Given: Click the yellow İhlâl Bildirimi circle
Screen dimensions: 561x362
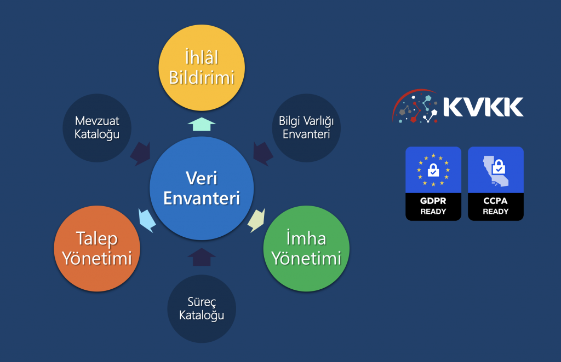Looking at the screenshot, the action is point(202,67).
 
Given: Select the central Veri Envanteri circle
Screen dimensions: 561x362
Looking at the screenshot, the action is point(202,188).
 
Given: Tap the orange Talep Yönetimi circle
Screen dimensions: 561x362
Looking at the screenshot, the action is point(97,248).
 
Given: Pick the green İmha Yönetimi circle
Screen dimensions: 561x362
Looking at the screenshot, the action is point(306,248).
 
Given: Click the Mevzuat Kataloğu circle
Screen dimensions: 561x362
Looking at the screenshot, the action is point(97,128).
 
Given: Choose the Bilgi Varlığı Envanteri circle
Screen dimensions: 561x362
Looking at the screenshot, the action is point(306,128).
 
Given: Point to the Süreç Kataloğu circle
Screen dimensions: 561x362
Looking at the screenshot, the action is point(202,309).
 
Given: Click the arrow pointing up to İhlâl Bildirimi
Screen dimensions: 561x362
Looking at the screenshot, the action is point(202,124).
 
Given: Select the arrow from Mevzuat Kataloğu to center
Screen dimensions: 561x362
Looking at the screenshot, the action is point(141,154).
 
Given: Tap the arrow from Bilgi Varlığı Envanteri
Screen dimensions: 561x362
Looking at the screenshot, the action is point(263,154).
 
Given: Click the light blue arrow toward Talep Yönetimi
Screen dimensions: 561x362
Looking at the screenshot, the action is point(147,220).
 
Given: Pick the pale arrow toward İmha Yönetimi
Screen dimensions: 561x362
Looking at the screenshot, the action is point(256,220).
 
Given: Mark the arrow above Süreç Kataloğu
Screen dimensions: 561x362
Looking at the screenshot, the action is point(202,257).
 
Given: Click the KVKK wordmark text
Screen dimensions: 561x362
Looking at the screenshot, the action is point(483,107).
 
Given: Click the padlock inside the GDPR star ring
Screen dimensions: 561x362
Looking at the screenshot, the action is point(433,170).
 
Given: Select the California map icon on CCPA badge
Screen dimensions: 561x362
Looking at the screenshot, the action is point(495,171).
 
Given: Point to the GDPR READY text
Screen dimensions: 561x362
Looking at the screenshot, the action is point(433,206).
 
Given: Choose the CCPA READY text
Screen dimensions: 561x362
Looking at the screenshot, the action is point(495,206).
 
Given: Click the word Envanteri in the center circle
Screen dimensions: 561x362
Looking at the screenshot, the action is point(202,198).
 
